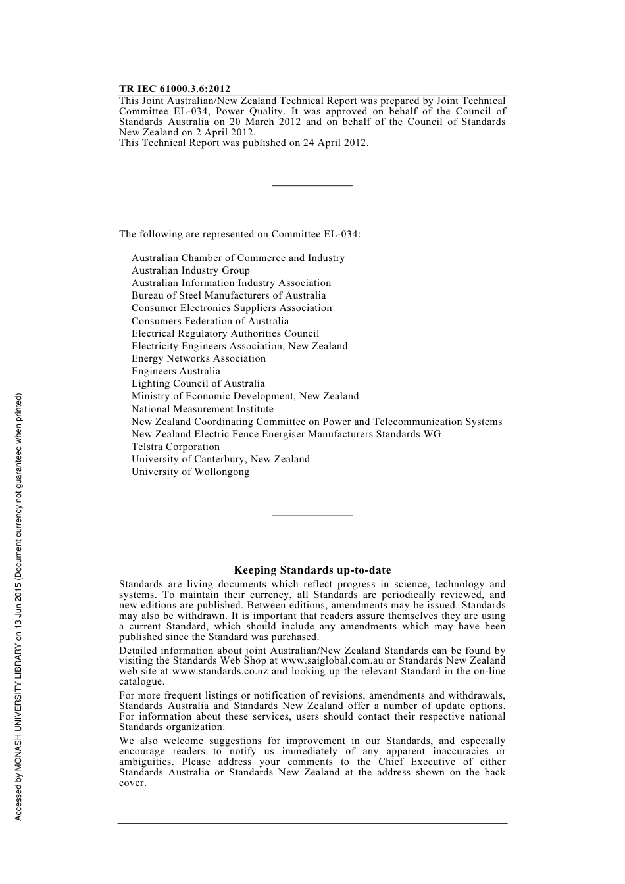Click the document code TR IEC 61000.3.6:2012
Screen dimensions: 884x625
pos(174,89)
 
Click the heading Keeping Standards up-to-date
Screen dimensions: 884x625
pos(312,570)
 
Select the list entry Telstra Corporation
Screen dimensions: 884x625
pos(175,447)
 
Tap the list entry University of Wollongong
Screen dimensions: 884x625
pos(190,472)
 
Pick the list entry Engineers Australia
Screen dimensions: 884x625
pos(176,371)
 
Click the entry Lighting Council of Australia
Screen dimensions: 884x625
pos(198,383)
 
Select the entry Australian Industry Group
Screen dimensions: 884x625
pos(190,270)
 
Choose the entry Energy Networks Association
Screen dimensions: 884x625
pos(198,358)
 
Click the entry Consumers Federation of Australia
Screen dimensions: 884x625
pos(210,321)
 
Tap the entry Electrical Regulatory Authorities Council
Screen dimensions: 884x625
pos(225,333)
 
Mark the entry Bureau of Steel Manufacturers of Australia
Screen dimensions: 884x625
pos(228,295)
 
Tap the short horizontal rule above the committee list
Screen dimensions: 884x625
pos(312,186)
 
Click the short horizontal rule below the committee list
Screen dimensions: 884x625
pos(312,515)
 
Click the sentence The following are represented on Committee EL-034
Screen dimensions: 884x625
pos(239,234)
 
